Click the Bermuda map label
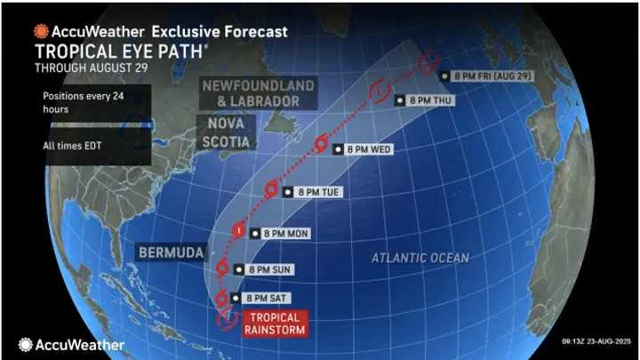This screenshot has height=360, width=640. click(169, 252)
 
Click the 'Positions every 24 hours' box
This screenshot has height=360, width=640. click(75, 102)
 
